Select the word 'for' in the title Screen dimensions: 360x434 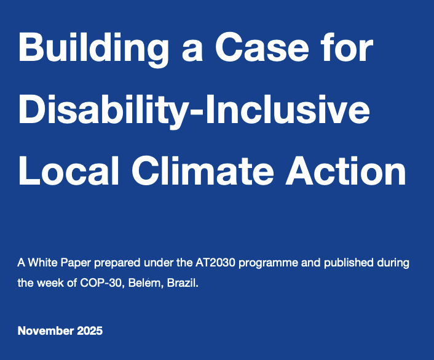point(347,49)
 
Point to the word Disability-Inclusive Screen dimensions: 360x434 point(194,111)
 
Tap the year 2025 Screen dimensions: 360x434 point(90,331)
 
